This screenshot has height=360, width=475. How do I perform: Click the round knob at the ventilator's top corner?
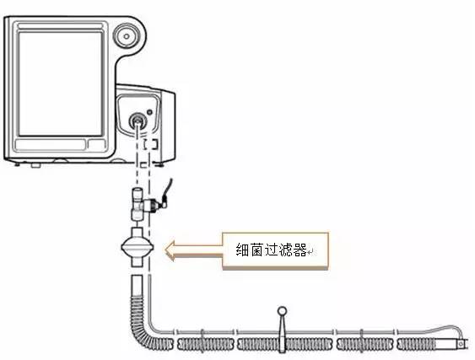tap(127, 36)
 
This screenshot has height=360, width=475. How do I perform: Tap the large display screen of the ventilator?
tap(60, 83)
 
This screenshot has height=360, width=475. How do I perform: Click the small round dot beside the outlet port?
tap(149, 112)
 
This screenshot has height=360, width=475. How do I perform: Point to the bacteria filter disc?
tap(138, 247)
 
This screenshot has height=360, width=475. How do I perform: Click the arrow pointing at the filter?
tap(194, 250)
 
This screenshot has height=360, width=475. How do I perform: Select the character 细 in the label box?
tap(243, 250)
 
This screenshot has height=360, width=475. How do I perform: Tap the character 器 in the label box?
tap(300, 250)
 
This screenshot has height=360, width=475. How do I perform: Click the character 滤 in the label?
tap(285, 250)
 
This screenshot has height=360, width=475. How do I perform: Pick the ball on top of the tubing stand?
tap(282, 311)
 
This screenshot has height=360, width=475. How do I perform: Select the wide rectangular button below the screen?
tap(51, 145)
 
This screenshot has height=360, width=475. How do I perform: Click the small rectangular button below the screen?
tap(96, 144)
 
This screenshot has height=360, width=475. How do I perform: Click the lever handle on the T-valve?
tap(168, 191)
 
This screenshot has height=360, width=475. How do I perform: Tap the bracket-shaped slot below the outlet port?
tap(150, 144)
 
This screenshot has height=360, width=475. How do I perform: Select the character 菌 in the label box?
tap(256, 250)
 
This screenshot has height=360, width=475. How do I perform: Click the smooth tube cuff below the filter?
tap(138, 285)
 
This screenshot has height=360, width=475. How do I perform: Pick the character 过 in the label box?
tap(271, 250)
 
